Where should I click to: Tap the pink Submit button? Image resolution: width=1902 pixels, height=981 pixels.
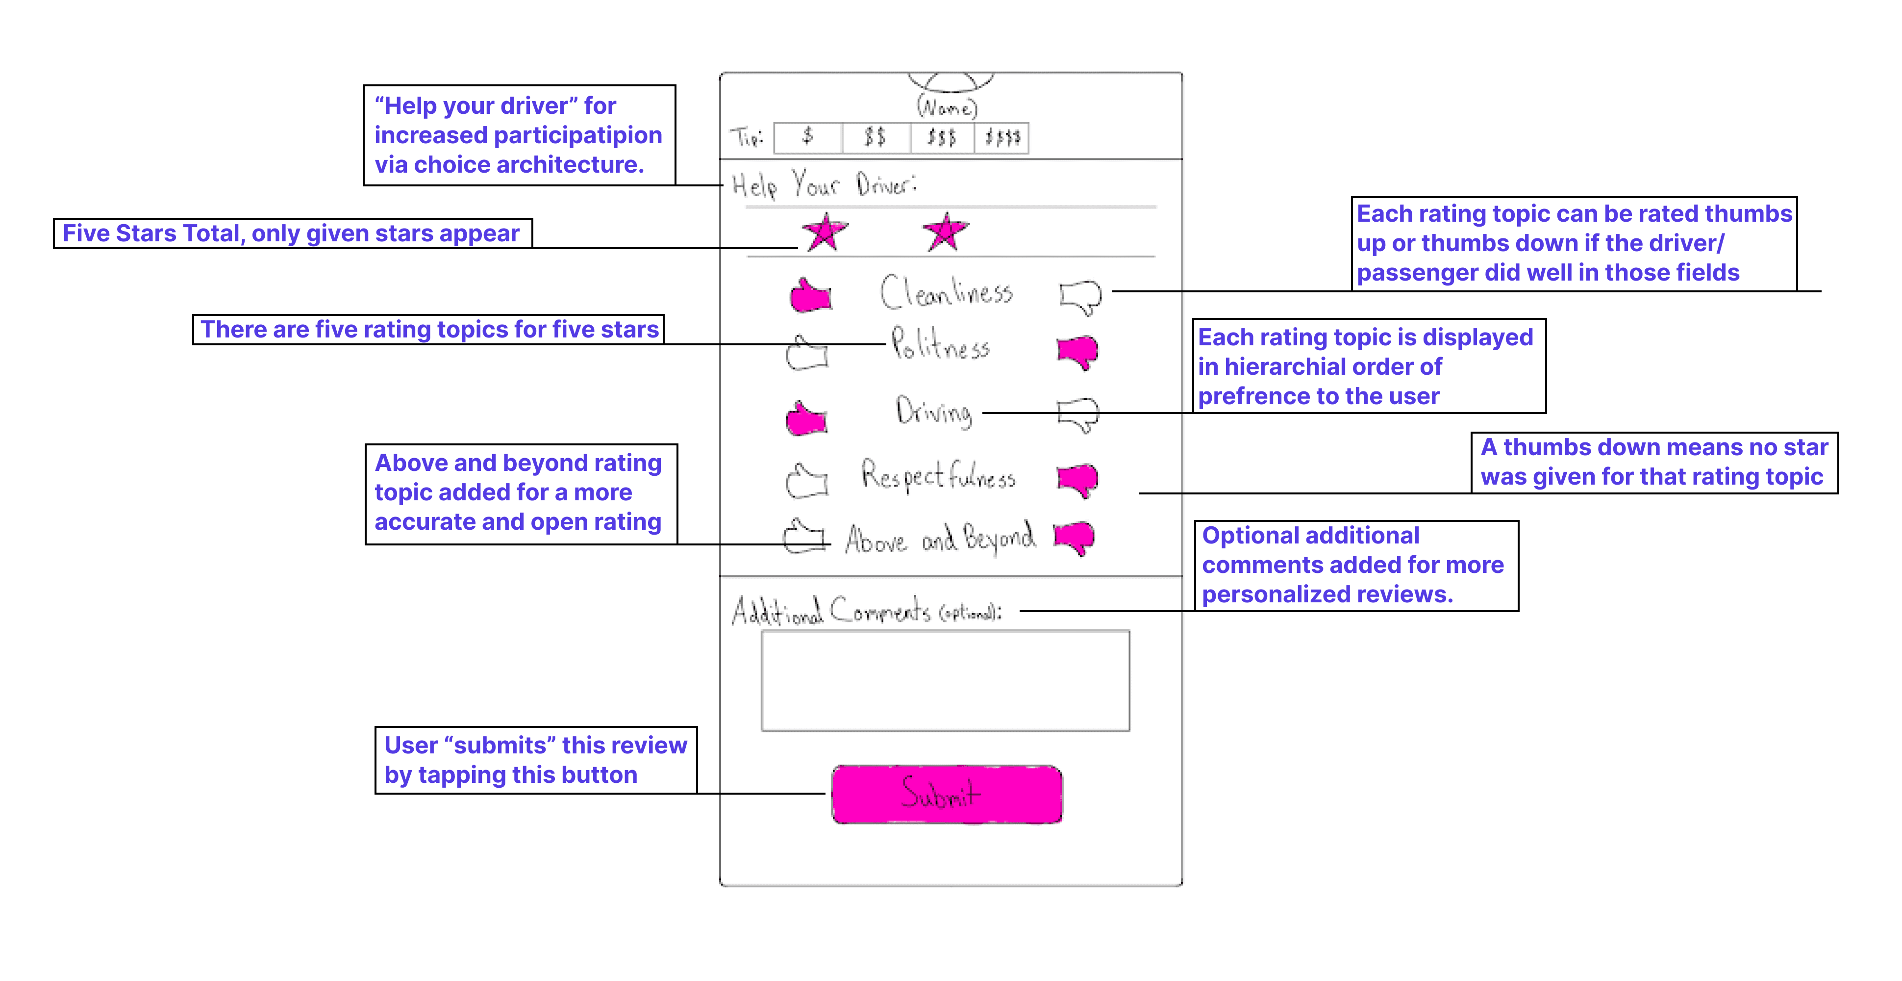947,794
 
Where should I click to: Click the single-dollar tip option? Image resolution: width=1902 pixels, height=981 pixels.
808,137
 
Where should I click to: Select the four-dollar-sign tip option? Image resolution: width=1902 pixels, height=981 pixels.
1002,137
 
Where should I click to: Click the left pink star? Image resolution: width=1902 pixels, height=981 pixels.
825,232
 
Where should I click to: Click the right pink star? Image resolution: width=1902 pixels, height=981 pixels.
945,232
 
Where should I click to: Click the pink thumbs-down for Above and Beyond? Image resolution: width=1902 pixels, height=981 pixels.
1075,538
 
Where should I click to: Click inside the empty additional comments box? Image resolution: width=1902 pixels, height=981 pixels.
945,680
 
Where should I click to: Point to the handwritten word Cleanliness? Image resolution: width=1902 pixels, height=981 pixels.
947,292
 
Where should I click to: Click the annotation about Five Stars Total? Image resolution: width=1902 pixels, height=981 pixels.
292,233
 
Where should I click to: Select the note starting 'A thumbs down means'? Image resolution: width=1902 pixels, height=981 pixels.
1654,463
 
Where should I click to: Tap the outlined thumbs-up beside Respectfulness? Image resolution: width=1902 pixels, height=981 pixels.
806,481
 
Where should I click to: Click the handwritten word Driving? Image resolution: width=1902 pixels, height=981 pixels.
934,411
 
